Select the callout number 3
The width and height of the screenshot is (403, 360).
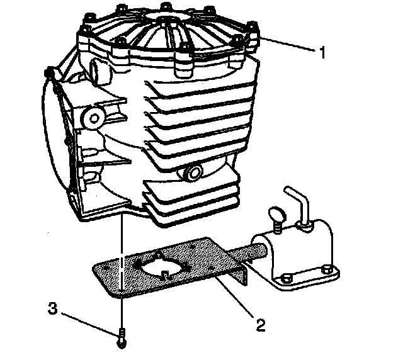coord(54,309)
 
